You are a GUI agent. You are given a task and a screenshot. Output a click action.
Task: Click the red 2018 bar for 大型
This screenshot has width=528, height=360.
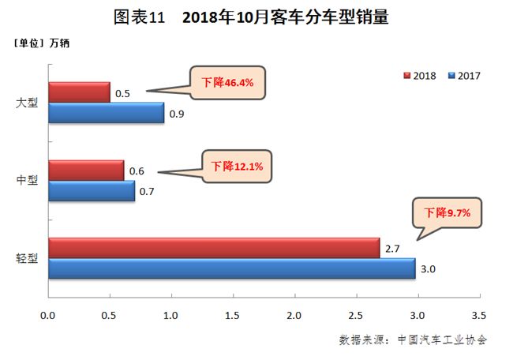(79, 92)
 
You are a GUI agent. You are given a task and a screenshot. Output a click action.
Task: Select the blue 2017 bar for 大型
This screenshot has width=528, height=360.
(106, 113)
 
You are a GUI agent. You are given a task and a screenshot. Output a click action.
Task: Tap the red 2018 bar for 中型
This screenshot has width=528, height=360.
(86, 170)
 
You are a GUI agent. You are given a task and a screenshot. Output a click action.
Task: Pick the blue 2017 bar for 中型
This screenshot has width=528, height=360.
(91, 190)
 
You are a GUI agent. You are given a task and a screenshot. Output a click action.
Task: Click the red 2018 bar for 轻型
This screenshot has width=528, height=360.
(213, 248)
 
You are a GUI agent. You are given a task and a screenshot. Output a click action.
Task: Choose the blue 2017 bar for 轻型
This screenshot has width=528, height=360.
(231, 268)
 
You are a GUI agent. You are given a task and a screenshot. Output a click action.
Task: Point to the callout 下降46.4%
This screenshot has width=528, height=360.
(226, 81)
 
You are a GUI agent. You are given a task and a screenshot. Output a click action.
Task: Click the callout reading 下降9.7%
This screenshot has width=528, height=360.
(447, 212)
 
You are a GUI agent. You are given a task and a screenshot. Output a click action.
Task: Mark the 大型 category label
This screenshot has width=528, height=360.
(27, 103)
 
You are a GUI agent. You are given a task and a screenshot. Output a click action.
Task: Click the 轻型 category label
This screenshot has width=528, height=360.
(27, 259)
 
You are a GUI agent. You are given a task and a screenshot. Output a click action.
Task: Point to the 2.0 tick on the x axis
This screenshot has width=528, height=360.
(294, 316)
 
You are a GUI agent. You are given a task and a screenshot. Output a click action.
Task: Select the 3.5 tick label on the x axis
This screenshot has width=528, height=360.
(478, 316)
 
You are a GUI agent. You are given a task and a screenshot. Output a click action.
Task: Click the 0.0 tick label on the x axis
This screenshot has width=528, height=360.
(48, 316)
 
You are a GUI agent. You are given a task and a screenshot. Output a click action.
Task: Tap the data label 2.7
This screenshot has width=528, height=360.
(392, 249)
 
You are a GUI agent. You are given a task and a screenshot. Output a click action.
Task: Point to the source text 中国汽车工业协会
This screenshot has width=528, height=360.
(443, 340)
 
